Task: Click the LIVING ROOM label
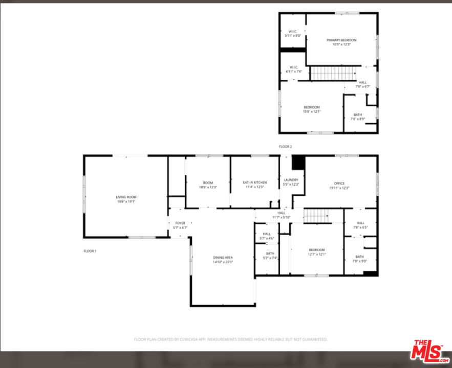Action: (126, 197)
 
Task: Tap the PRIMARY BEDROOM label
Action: (341, 40)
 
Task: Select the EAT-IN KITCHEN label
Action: (254, 182)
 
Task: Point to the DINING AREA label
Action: (223, 257)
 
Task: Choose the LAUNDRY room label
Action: (291, 180)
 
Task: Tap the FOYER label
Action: (180, 223)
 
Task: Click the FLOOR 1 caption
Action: (90, 251)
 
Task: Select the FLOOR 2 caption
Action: (285, 147)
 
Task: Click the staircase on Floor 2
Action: (333, 74)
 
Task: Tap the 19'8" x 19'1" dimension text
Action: (126, 201)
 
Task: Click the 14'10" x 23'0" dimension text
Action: (223, 262)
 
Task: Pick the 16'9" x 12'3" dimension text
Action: (341, 44)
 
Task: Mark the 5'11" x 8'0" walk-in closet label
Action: (293, 33)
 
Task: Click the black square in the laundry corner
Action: (298, 163)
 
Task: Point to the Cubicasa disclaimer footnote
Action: (230, 339)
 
